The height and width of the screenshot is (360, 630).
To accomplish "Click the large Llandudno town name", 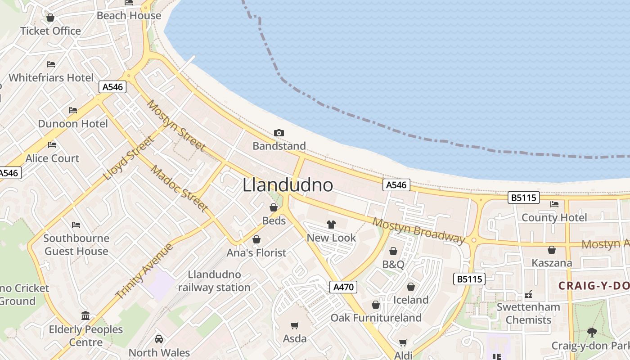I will click(x=288, y=185).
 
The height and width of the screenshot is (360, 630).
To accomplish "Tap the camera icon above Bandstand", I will click(x=279, y=133).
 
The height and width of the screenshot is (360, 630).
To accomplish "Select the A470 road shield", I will click(x=343, y=287).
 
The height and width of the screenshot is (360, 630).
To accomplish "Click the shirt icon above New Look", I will click(x=331, y=225).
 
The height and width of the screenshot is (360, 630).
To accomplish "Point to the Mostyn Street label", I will click(x=176, y=126).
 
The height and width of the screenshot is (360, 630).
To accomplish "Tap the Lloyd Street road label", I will click(x=129, y=158).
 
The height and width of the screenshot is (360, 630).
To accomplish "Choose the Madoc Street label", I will click(x=179, y=189).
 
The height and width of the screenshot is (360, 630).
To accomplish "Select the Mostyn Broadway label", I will click(x=418, y=230).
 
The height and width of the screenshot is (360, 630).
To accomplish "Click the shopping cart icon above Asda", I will click(x=295, y=325).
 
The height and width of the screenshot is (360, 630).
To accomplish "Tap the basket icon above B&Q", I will click(x=393, y=251).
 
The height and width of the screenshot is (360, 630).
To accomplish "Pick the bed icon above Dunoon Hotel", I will click(x=73, y=110).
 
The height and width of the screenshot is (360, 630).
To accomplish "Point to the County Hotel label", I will click(x=554, y=218).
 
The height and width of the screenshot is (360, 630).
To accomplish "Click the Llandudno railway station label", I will click(x=214, y=281).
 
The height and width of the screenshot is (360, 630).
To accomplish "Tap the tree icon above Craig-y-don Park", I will click(x=592, y=333).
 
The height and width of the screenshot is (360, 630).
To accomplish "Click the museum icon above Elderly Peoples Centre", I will click(x=85, y=316).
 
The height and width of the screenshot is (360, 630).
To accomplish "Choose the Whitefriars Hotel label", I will click(x=51, y=77).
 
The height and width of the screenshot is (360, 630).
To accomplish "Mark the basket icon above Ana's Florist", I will click(x=256, y=239).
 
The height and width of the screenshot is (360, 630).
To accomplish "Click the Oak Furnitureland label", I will click(x=376, y=318).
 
